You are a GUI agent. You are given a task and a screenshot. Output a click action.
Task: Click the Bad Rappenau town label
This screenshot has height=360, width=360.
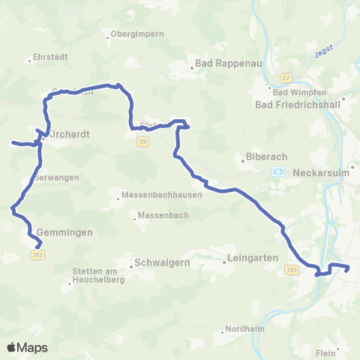coord(228,64)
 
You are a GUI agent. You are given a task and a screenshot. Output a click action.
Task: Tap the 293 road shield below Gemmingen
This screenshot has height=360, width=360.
coord(37,256)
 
